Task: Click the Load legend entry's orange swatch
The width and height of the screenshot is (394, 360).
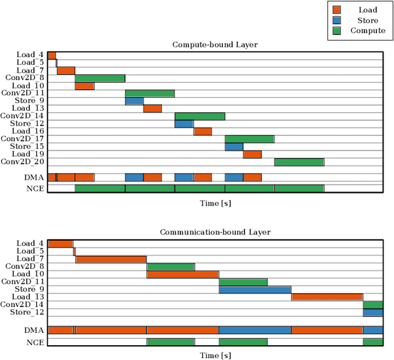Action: click(336, 10)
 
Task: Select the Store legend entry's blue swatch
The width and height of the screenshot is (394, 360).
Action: click(336, 20)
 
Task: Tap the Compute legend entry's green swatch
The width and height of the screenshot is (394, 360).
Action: click(336, 31)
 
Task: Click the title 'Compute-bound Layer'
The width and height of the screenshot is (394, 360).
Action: click(215, 45)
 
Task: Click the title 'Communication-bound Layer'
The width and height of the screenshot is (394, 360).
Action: click(215, 232)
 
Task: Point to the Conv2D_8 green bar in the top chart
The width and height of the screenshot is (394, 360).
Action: click(100, 78)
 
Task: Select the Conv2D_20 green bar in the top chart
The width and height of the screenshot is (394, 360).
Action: click(299, 162)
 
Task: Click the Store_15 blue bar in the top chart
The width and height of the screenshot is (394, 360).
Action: click(234, 146)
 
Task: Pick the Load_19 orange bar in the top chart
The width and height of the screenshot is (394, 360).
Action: click(252, 154)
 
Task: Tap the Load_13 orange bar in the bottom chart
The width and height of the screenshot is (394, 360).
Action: click(327, 297)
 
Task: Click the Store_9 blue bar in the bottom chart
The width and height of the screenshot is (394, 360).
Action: click(255, 289)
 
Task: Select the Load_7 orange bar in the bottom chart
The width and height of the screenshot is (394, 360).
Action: click(111, 259)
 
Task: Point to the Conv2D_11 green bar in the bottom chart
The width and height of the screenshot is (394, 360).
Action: click(243, 282)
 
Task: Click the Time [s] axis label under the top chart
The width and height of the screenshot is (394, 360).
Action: click(215, 202)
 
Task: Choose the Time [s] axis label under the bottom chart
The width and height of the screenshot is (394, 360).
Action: click(215, 355)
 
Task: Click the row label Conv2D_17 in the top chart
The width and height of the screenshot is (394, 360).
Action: click(22, 139)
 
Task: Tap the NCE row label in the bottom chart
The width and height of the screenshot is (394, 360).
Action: click(34, 342)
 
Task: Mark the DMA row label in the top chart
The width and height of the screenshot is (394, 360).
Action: click(34, 177)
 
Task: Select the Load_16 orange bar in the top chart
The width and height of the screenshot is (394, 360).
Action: click(203, 131)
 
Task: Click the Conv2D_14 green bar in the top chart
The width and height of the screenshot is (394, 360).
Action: click(200, 116)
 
